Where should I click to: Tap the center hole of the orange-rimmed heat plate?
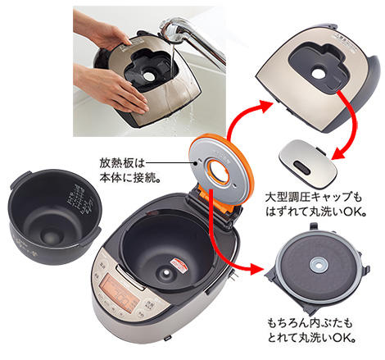[219, 171]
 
